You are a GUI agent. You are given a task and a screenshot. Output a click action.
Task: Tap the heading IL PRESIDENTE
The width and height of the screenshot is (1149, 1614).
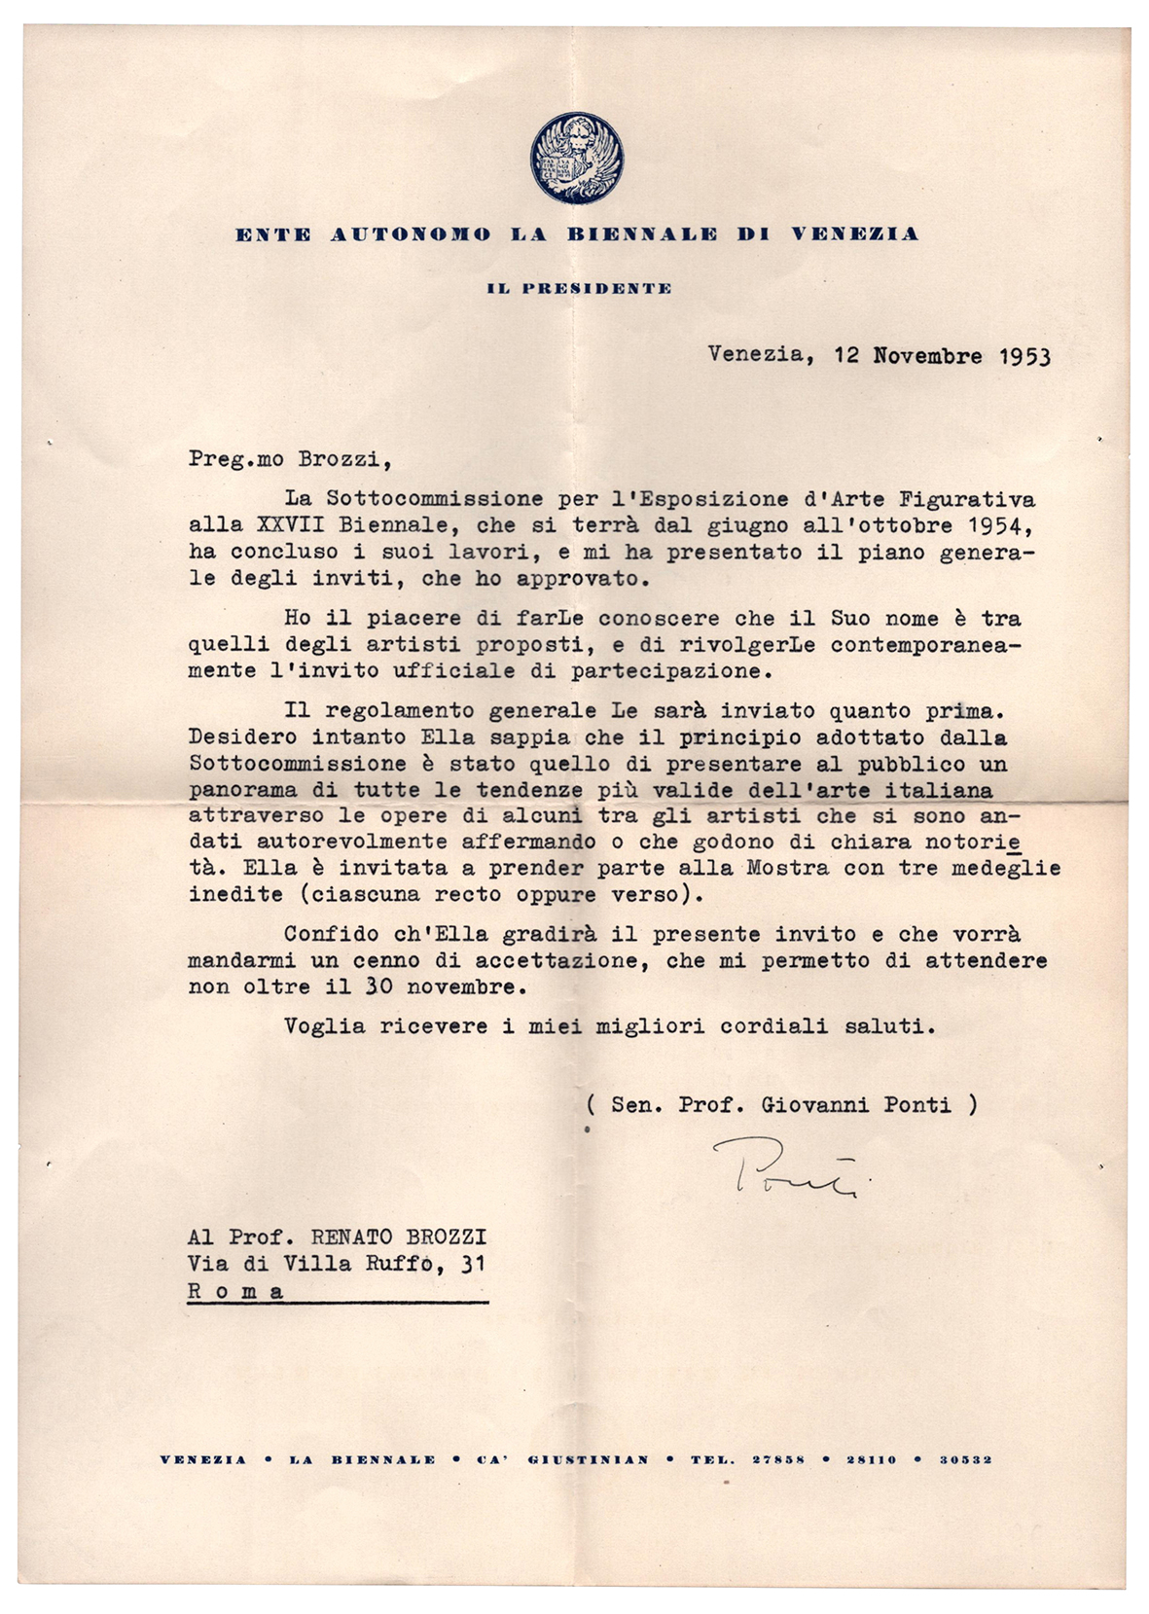(579, 288)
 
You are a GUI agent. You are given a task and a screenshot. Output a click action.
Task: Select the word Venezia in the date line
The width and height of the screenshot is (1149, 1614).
(756, 355)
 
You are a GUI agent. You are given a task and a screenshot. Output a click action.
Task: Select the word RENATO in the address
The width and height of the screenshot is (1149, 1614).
(353, 1237)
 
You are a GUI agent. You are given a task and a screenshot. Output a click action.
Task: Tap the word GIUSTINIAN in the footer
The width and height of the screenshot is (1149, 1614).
(588, 1459)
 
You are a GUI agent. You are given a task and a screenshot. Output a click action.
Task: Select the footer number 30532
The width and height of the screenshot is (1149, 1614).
(965, 1459)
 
